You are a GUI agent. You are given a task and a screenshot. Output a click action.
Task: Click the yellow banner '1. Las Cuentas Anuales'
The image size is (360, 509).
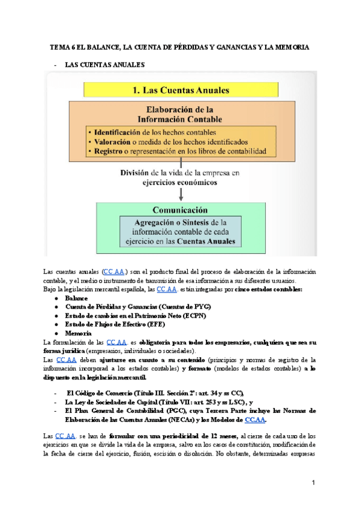(x=180, y=91)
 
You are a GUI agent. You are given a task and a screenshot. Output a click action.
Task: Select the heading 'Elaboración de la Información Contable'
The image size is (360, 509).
(x=180, y=114)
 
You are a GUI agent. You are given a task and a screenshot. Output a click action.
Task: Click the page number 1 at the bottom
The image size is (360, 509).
(x=313, y=483)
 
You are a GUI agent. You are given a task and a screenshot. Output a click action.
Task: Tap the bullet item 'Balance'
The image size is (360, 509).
(x=76, y=298)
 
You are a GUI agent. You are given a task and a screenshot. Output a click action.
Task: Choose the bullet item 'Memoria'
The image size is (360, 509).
(x=79, y=333)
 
